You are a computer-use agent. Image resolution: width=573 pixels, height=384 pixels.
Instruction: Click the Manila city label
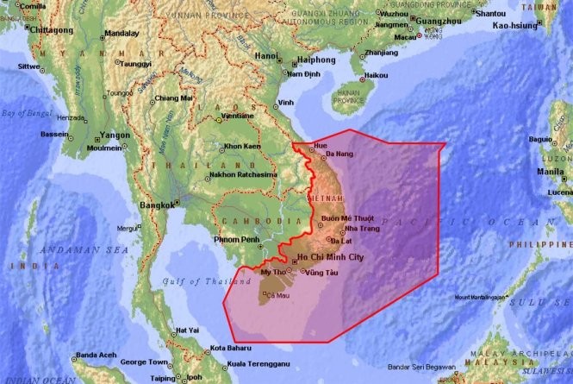point(551,171)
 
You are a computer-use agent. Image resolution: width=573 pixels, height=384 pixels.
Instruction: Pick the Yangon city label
point(115,135)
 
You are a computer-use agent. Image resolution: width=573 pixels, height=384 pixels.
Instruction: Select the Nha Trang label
point(361,229)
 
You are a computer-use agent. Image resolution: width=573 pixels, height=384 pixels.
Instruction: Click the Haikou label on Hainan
point(377,75)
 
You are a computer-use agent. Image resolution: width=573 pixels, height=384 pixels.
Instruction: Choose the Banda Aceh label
point(96,355)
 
